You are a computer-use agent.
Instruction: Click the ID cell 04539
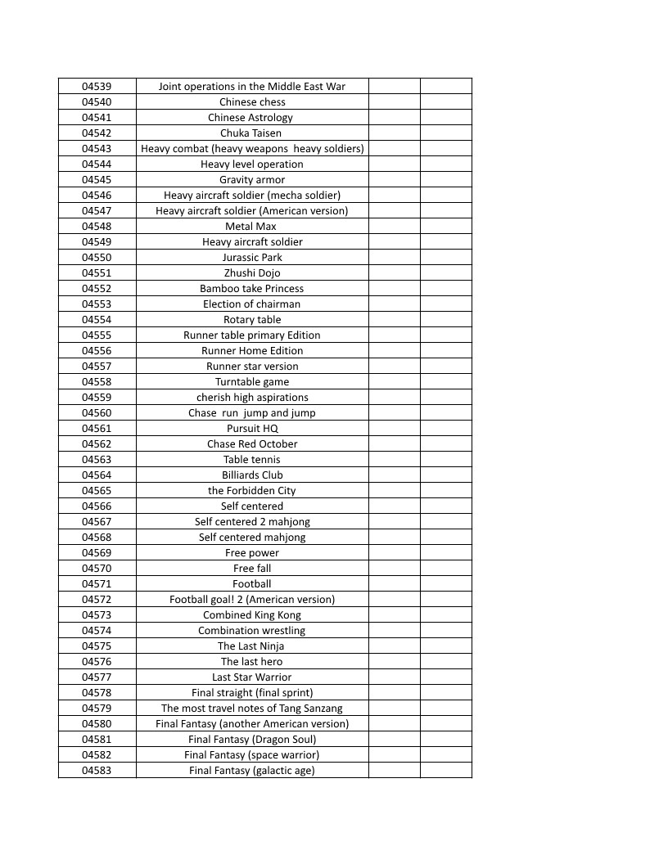tap(97, 87)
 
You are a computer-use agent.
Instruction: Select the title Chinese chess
tap(252, 102)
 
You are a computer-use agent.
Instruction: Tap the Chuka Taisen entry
tap(250, 133)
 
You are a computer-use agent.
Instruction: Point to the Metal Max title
tap(250, 227)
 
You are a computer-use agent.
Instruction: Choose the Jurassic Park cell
tap(252, 258)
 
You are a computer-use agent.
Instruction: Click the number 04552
tap(97, 289)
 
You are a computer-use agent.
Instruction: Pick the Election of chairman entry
tap(251, 304)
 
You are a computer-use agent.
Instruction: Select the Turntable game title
tap(252, 382)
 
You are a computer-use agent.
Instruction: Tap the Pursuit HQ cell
tap(252, 429)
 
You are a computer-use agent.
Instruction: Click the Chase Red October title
tap(252, 444)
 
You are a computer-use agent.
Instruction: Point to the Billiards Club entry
tap(252, 475)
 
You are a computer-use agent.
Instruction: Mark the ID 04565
tap(97, 491)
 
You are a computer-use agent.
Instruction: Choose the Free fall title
tap(252, 569)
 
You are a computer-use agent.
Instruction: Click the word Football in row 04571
tap(252, 584)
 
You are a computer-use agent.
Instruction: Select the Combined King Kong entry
tap(252, 615)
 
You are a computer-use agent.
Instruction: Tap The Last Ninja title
tap(251, 646)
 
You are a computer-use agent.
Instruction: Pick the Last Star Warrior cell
tap(251, 677)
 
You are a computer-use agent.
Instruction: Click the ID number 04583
tap(97, 771)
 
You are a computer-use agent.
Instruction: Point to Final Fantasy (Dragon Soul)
tap(252, 740)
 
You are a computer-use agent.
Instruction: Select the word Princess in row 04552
tap(283, 289)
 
